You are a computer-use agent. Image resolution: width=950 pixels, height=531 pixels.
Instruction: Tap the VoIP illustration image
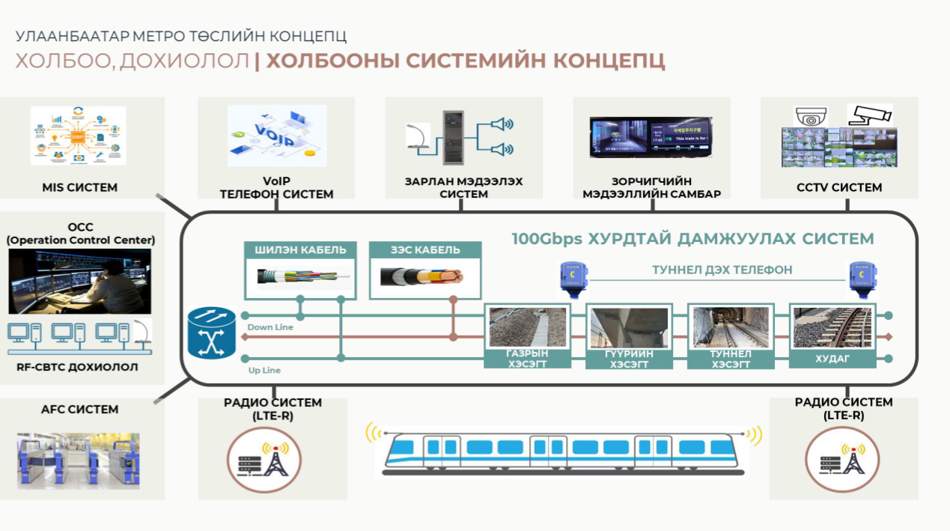[277, 136]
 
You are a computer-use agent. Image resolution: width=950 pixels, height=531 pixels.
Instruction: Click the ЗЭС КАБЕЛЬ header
[424, 250]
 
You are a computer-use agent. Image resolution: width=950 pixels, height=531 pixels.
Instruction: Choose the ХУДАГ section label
[832, 359]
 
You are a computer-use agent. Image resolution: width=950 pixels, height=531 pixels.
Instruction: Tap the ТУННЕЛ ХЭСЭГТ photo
[729, 327]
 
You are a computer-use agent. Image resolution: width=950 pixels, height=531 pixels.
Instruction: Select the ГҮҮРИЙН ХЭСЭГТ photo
[628, 327]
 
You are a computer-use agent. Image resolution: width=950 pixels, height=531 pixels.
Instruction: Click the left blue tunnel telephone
[570, 276]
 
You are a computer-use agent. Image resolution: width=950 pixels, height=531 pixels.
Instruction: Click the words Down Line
[270, 327]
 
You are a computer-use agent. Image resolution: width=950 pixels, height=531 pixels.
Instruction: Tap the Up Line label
[264, 371]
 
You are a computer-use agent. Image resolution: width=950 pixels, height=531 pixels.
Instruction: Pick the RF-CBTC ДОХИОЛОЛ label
[77, 368]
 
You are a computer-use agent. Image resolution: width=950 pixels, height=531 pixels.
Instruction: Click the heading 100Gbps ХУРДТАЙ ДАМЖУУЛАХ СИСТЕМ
[692, 239]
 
